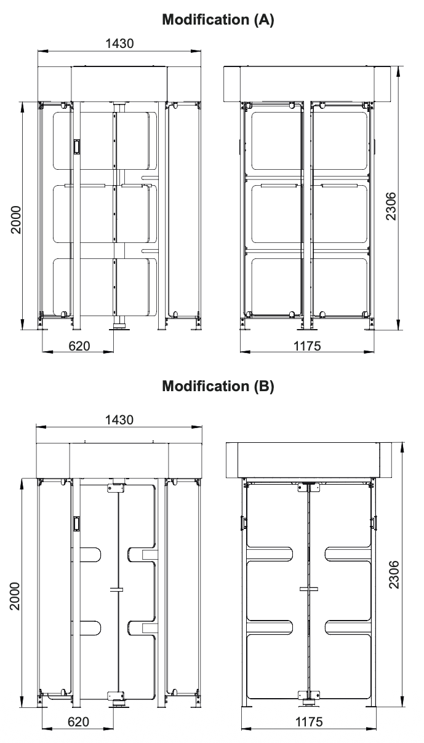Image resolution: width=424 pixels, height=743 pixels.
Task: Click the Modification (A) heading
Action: (218, 20)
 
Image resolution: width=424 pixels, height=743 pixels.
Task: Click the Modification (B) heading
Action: (218, 386)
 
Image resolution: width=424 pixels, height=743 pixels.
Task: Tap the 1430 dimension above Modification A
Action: (119, 44)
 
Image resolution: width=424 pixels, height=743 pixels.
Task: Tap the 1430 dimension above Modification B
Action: (119, 420)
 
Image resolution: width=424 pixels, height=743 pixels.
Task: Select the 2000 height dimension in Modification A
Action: (15, 220)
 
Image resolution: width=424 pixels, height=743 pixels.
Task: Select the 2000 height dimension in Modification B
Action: (15, 596)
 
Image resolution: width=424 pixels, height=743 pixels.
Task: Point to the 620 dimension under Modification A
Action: (79, 346)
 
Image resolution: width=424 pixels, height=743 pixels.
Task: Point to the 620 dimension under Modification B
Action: (79, 722)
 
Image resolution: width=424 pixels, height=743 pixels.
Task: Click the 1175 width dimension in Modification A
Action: (307, 346)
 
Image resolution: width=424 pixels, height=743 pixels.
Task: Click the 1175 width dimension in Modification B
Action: (309, 722)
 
